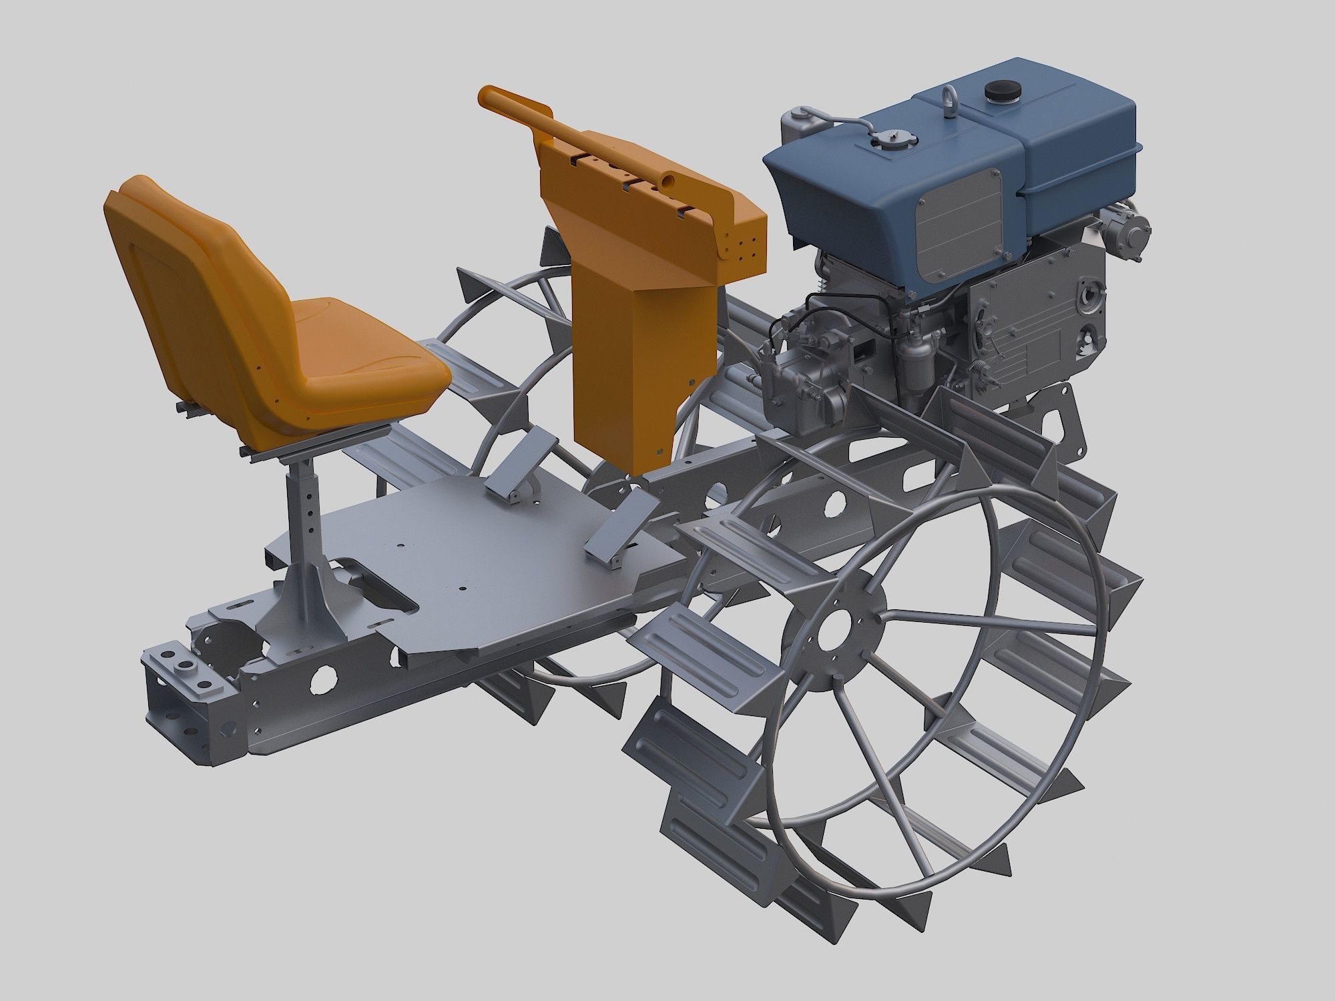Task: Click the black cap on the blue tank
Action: click(x=999, y=90)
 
